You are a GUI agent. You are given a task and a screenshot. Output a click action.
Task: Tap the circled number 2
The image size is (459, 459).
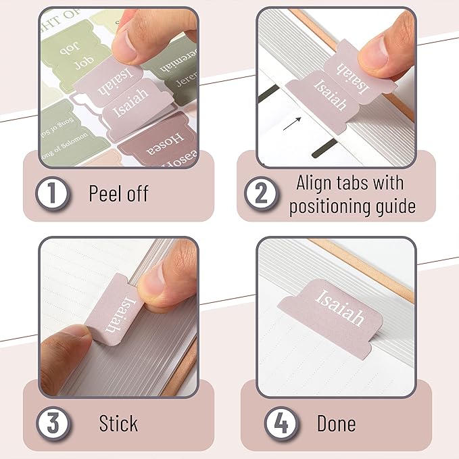click(x=261, y=194)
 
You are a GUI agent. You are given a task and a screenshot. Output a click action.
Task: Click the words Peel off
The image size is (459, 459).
click(x=118, y=194)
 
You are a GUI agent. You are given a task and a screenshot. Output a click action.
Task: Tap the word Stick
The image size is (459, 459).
click(x=118, y=424)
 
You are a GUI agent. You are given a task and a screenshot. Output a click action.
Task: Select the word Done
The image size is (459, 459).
click(x=336, y=424)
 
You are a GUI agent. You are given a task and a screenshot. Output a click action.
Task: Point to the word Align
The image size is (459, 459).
click(x=318, y=183)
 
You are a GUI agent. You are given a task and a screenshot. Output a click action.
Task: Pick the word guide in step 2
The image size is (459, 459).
click(x=392, y=206)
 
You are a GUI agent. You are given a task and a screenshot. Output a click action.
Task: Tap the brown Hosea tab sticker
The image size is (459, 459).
click(x=161, y=145)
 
